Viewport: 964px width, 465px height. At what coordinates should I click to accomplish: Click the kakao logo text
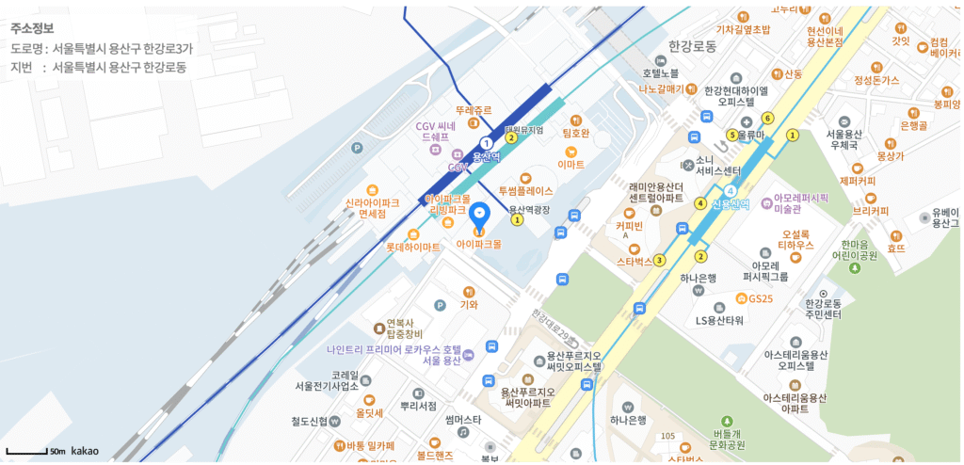tap(85, 452)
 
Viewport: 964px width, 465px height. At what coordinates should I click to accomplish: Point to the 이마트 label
tap(570, 164)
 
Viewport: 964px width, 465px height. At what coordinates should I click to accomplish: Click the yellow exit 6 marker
tap(768, 118)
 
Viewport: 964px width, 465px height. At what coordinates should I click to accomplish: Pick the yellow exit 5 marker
tap(731, 135)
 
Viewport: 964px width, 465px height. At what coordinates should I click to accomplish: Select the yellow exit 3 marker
tap(659, 260)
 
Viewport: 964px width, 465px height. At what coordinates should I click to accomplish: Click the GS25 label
tap(759, 299)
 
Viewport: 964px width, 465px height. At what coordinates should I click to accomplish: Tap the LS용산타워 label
tap(719, 320)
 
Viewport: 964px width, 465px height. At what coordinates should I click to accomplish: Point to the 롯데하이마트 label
tap(412, 247)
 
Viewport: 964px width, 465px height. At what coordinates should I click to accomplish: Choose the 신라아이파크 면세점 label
tap(373, 207)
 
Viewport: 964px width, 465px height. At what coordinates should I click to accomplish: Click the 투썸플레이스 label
tap(525, 190)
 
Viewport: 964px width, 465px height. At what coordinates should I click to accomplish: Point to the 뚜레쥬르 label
tap(474, 110)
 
